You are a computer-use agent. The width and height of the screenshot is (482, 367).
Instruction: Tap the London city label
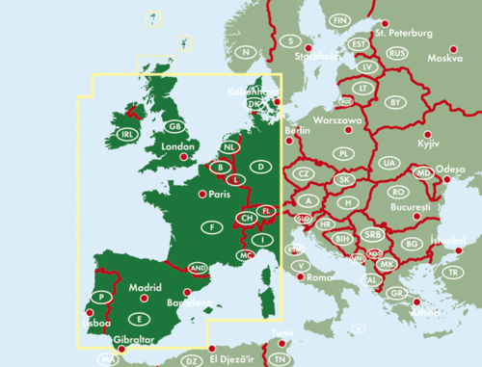178,147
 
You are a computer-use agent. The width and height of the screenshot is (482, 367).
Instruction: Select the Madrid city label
145,286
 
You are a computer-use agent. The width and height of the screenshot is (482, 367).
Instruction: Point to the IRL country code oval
126,134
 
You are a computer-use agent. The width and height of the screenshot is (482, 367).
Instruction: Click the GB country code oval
174,126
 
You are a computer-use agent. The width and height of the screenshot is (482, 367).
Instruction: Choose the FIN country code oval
340,19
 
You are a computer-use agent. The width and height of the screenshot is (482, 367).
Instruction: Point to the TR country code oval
453,272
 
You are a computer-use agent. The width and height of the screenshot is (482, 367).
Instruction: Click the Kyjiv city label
427,144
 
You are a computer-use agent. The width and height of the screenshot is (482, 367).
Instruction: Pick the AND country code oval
199,267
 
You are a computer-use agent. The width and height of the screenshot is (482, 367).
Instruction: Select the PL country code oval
343,153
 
